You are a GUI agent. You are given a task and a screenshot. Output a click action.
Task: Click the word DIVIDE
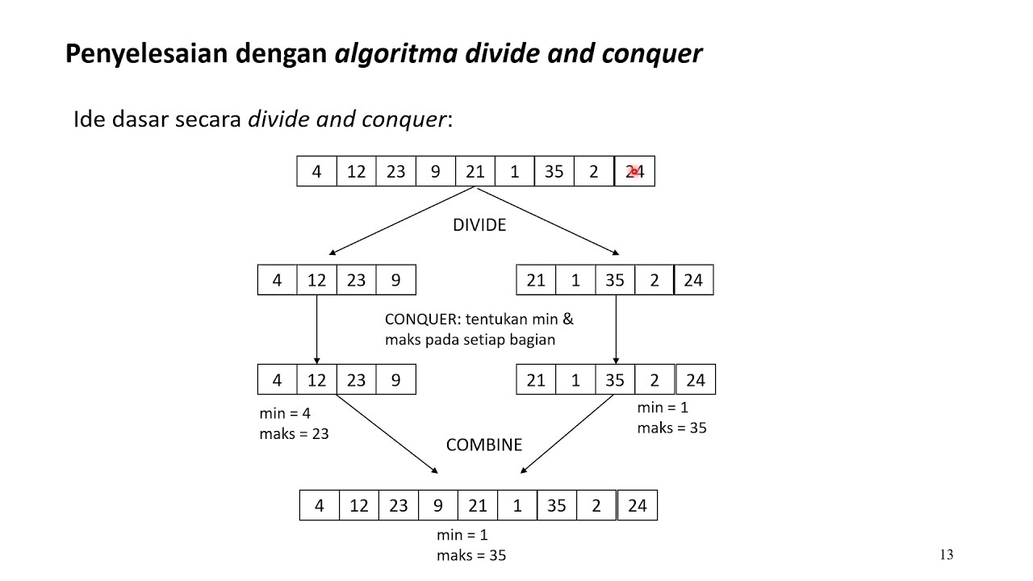479,225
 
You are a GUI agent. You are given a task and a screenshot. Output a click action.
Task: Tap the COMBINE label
484,445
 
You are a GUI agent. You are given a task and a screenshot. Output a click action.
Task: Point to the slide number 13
947,554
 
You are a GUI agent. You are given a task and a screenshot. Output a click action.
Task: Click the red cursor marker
635,171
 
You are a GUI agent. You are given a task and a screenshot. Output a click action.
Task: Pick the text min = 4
285,413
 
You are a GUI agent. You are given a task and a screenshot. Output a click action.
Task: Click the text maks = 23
294,433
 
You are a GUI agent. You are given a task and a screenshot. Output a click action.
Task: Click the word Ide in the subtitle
88,119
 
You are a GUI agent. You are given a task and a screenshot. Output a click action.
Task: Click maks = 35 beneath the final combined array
470,555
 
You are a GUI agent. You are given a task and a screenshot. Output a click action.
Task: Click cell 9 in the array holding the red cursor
436,171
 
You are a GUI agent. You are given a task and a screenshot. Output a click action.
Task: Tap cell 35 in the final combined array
556,506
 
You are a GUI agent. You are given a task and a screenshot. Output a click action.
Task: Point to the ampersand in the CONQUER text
567,319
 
